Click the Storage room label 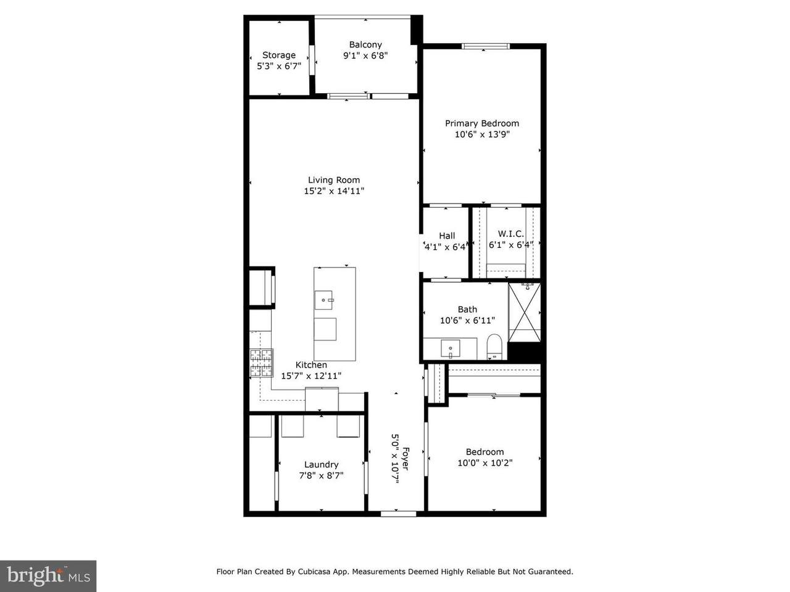coord(279,55)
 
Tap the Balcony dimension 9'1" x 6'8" coord(365,55)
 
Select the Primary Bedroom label coord(482,123)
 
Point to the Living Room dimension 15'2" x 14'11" coord(334,191)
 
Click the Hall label coord(447,236)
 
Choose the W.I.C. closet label coord(510,234)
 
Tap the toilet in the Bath coord(494,345)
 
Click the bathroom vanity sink coord(451,349)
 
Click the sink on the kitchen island coord(324,300)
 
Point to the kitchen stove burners coord(261,363)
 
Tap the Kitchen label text coord(311,365)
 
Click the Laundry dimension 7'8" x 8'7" coord(321,475)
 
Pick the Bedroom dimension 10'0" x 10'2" coord(484,463)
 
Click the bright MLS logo coord(48,576)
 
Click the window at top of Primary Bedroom coord(486,45)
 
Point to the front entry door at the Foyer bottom coord(398,512)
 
